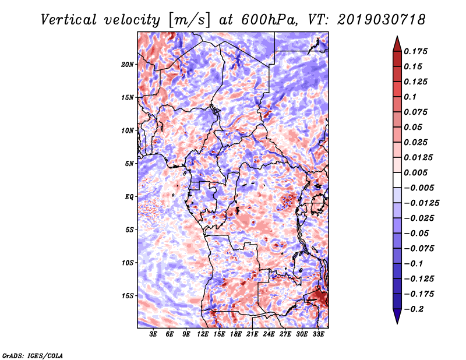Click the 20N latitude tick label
coord(128,65)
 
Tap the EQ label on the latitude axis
coord(129,197)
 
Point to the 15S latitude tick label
coord(128,296)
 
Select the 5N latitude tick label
coord(129,164)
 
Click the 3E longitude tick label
coord(153,334)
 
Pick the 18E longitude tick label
coord(236,334)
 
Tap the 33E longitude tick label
coord(318,334)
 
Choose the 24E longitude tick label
coord(269,334)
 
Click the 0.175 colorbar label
coord(415,51)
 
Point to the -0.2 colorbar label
coord(414,309)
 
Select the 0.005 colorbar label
coord(415,172)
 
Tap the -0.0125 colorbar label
coord(421,203)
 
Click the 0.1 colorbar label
coord(410,97)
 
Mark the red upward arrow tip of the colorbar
coord(397,36)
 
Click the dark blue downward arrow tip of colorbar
coord(397,323)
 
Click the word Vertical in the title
coord(69,20)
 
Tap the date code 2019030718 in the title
coord(382,20)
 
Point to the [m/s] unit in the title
coord(189,20)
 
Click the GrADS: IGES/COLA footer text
coord(33,355)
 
